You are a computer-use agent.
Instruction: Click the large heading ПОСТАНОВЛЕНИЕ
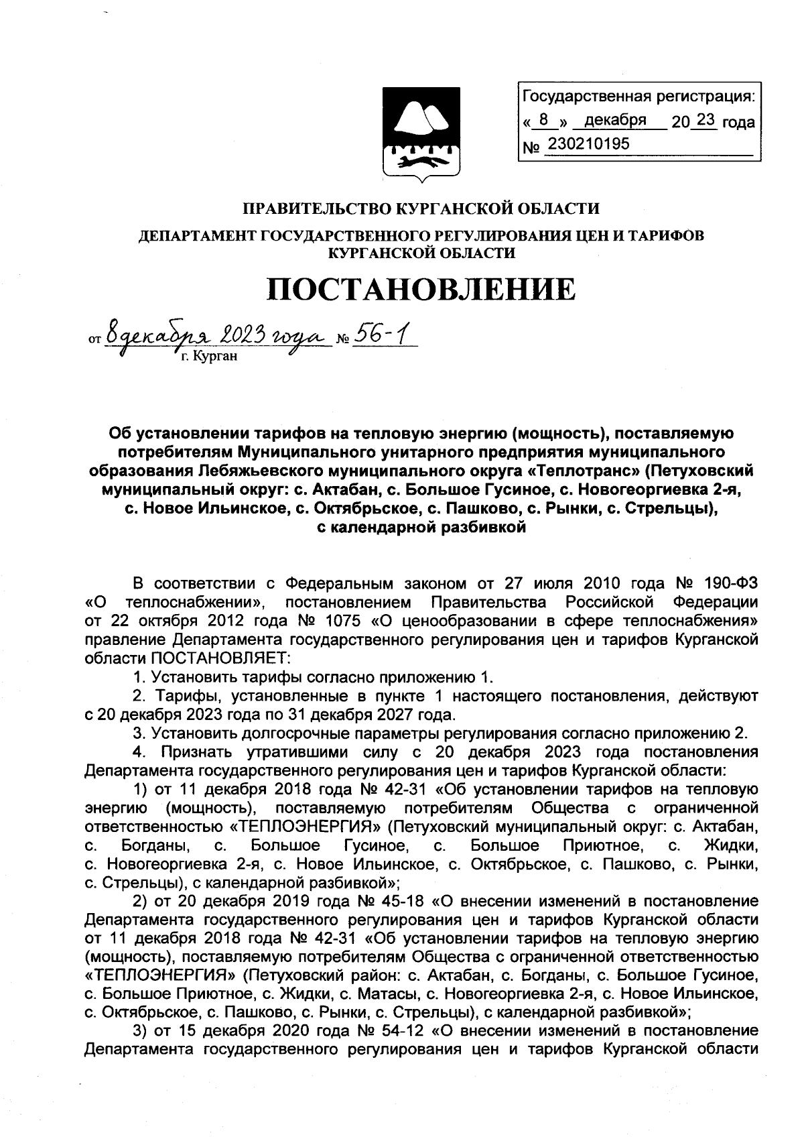click(x=421, y=289)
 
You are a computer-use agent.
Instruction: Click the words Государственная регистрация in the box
click(x=638, y=97)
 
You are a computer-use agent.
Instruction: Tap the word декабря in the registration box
click(x=615, y=121)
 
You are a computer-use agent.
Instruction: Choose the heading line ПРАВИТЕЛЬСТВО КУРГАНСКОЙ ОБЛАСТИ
click(x=421, y=208)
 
